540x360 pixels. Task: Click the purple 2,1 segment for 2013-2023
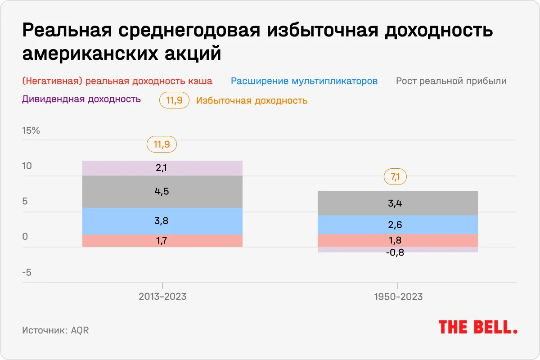click(x=162, y=168)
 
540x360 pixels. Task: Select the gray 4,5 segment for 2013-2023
click(x=162, y=192)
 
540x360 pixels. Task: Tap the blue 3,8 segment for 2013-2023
click(x=162, y=221)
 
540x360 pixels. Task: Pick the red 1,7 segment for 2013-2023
click(x=162, y=241)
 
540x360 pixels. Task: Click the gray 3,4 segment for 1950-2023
click(x=397, y=203)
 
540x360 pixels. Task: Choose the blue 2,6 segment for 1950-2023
click(x=397, y=225)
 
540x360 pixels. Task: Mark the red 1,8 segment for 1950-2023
click(x=397, y=240)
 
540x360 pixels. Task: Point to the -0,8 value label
click(x=395, y=252)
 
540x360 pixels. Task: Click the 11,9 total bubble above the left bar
click(x=162, y=145)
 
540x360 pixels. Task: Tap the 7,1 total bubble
click(x=395, y=177)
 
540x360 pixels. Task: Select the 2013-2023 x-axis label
click(x=162, y=297)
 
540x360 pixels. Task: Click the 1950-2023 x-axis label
click(x=397, y=297)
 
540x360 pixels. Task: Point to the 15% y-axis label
click(x=31, y=131)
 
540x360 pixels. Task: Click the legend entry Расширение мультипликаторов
click(x=304, y=81)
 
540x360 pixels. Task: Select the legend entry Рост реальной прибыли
click(x=451, y=81)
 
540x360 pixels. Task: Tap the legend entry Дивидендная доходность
click(x=81, y=99)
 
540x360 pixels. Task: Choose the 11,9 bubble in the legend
click(x=174, y=101)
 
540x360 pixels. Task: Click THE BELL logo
click(x=478, y=327)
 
